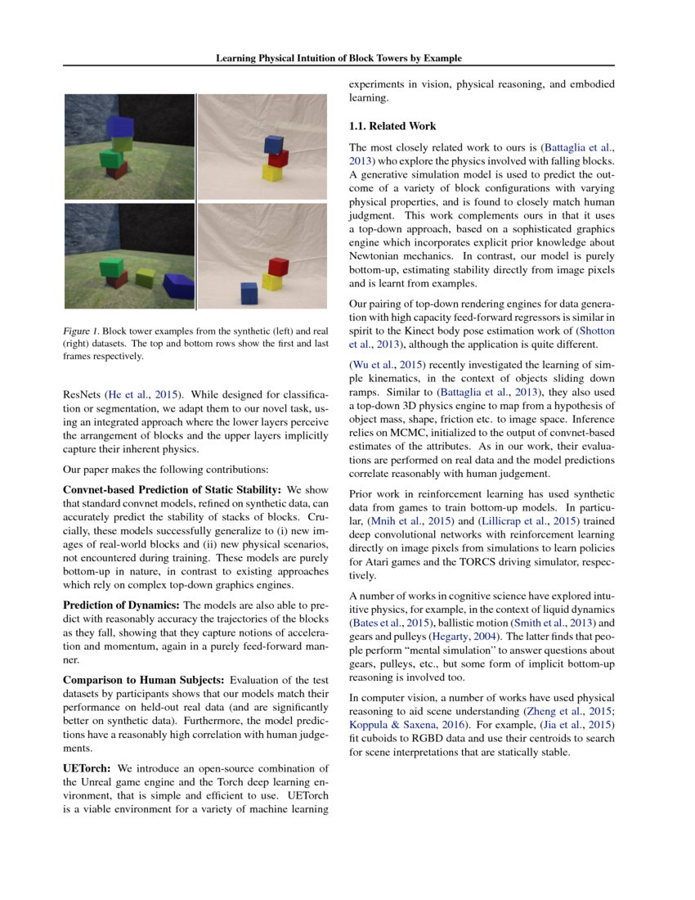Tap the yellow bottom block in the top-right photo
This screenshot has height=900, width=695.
(x=271, y=172)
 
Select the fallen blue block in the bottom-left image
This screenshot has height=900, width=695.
(x=178, y=286)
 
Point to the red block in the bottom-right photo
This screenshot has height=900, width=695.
(x=279, y=267)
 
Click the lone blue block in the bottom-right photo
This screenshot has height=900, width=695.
(x=249, y=292)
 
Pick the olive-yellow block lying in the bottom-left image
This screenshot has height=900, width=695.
(x=145, y=277)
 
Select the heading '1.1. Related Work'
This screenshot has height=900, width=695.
(x=392, y=126)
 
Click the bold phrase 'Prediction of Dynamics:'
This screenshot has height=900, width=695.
(x=122, y=605)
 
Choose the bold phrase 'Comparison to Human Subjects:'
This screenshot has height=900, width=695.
(x=143, y=681)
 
